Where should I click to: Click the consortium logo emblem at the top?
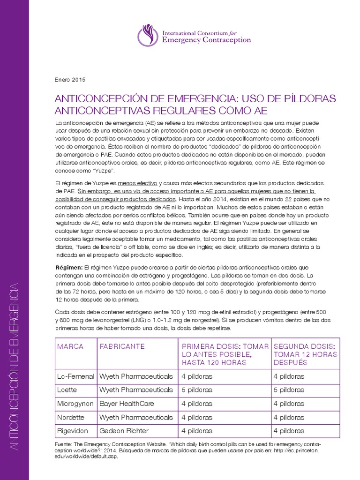148,35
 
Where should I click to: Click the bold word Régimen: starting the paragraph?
68,267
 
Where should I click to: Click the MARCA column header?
70,346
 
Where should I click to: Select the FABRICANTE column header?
122,346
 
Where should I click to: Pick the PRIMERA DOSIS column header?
225,354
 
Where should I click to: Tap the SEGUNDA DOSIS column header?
305,354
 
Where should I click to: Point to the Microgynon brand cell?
75,404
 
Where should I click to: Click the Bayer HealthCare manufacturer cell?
127,404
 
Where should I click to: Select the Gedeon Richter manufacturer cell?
124,431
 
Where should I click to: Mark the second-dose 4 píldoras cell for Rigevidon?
289,431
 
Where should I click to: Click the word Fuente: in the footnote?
65,443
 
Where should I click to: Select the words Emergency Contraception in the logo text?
206,40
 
